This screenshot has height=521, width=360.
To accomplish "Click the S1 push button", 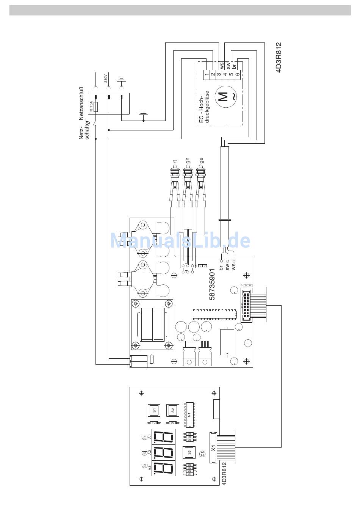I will click(x=154, y=410).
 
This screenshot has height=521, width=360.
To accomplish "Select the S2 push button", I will click(x=173, y=410).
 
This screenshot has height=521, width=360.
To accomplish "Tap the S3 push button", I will click(x=189, y=452).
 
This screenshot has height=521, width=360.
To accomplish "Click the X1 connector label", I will click(x=214, y=448).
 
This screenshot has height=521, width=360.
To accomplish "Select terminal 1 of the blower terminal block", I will click(x=207, y=74).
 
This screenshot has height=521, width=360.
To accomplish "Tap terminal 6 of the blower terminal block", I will click(x=237, y=74).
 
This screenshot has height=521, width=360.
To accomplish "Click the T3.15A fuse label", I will click(x=91, y=107).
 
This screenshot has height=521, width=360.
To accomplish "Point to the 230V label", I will click(x=106, y=78).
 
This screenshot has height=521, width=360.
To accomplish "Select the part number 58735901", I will click(x=213, y=284).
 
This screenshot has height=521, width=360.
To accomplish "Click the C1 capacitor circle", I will click(x=203, y=453).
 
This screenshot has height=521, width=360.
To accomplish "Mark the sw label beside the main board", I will click(x=227, y=267).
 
